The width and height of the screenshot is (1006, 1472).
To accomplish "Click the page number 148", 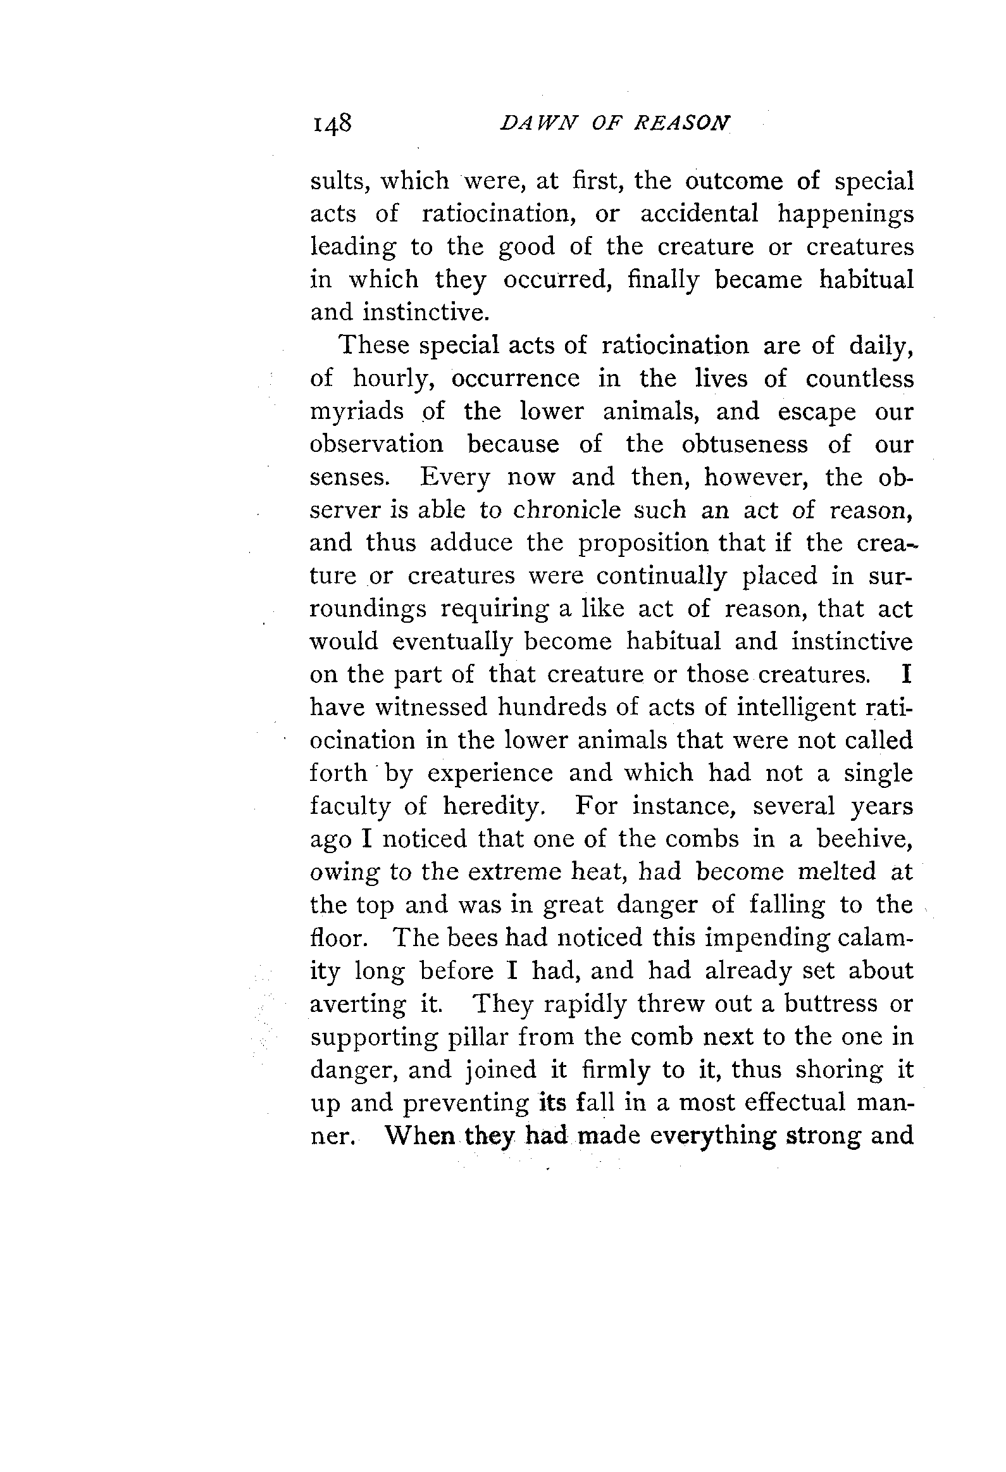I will tap(331, 123).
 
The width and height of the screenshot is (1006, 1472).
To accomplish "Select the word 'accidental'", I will tap(699, 214).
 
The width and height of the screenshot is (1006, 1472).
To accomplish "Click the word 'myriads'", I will tap(356, 413).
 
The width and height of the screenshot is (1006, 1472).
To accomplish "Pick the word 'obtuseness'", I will tap(745, 444).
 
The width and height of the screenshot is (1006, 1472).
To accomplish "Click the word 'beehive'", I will tap(864, 839).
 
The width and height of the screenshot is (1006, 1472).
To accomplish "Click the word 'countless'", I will tap(860, 379).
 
